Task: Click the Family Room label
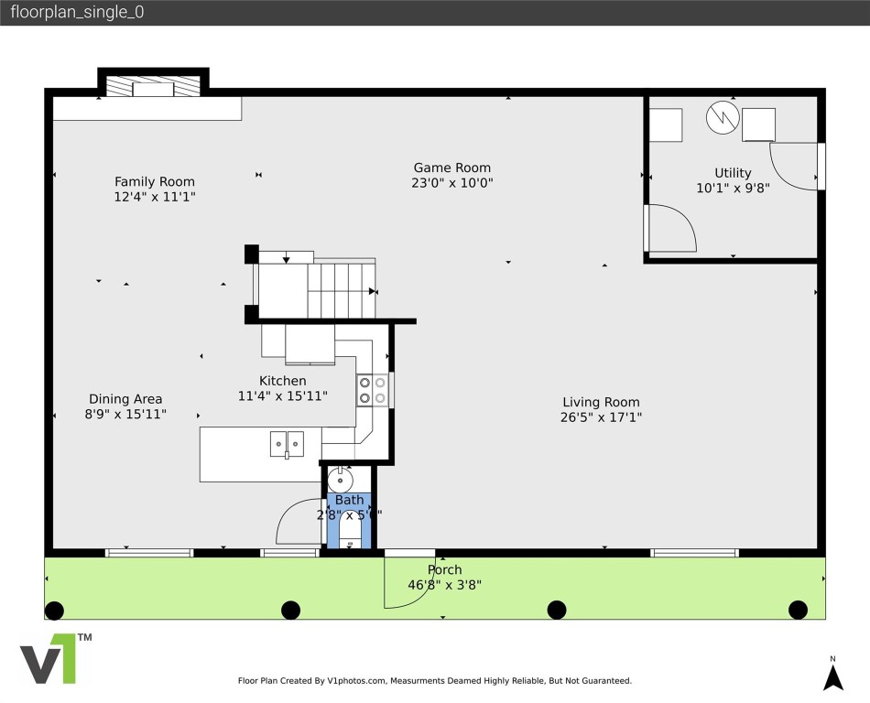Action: point(154,181)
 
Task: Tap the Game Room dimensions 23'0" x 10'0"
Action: point(452,183)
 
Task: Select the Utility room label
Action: point(733,173)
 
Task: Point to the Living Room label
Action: point(601,402)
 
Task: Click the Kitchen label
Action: point(282,381)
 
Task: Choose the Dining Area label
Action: point(125,399)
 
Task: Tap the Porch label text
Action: point(445,569)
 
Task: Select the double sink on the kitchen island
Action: point(287,444)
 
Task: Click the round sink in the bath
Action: point(341,479)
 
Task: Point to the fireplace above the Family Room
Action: point(153,86)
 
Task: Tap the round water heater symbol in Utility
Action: point(721,116)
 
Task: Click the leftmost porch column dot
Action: point(54,610)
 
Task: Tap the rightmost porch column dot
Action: point(798,610)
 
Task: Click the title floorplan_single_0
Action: point(77,13)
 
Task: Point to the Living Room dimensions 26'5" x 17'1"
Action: point(601,417)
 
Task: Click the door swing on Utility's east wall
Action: point(793,167)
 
